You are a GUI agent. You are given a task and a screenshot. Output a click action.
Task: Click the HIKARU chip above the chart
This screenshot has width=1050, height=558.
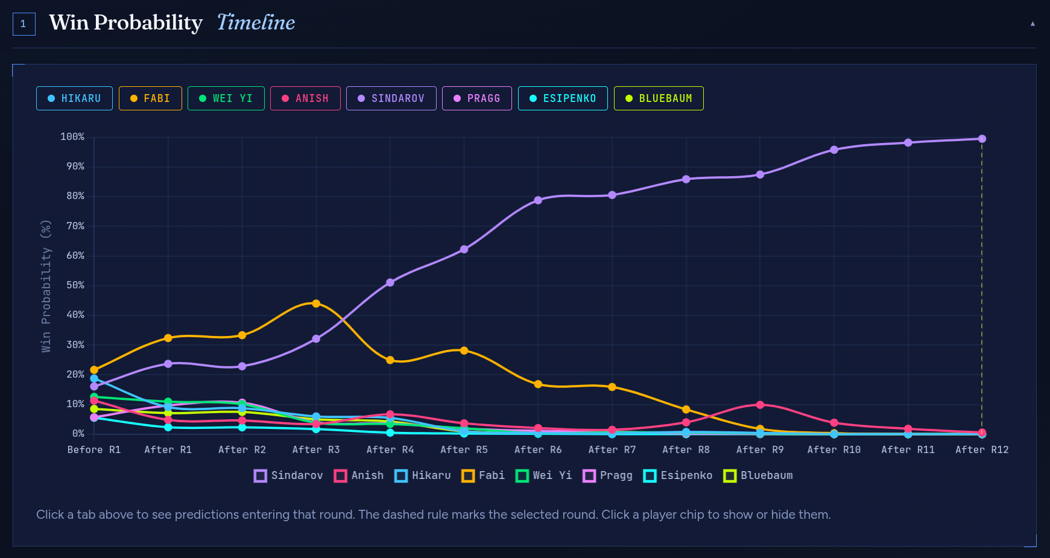74,98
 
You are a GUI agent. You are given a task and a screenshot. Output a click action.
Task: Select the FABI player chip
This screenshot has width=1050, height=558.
150,98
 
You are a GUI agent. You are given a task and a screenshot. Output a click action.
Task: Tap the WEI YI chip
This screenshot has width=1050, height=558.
226,98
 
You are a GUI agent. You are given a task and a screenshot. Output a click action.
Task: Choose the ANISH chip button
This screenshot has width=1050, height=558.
305,98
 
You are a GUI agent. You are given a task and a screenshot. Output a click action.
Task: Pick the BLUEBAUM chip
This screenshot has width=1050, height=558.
659,98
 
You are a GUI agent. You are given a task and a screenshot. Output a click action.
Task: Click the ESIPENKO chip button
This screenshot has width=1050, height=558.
563,98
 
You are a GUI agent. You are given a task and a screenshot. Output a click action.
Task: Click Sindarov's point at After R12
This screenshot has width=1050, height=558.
982,139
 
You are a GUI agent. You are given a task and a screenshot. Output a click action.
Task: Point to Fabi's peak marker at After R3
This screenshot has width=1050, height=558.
316,303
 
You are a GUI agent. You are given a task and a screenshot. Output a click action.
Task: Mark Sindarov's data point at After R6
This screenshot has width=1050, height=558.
538,200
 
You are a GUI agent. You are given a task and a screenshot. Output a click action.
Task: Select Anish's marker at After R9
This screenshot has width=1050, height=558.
760,405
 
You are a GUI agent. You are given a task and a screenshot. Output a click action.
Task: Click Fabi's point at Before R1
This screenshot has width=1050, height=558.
94,370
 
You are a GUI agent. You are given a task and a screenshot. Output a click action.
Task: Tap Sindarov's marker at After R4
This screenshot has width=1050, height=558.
390,282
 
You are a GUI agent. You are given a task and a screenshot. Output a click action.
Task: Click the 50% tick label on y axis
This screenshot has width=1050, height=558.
75,285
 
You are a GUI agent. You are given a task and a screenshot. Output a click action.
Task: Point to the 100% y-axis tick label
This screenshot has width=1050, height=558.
72,137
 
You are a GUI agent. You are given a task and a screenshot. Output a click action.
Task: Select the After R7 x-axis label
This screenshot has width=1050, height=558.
612,449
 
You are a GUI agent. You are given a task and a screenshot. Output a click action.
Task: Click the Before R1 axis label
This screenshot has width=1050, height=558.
94,449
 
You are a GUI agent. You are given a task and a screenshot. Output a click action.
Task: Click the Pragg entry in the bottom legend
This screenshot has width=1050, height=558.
608,475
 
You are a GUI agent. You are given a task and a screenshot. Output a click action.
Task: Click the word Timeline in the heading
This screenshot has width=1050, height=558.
256,23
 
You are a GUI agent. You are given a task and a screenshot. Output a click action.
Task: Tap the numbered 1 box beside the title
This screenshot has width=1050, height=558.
24,24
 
